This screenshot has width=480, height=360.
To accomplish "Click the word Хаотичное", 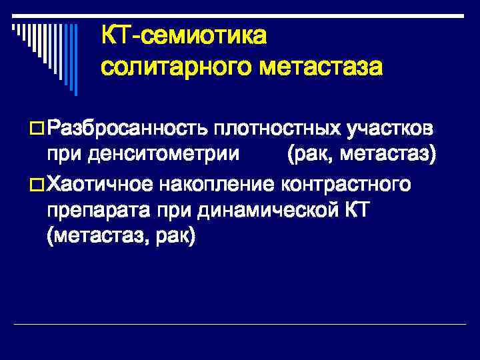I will pyautogui.click(x=101, y=183).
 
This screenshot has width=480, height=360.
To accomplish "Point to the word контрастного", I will pyautogui.click(x=351, y=183).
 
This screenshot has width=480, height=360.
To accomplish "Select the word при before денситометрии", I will pyautogui.click(x=61, y=155).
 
